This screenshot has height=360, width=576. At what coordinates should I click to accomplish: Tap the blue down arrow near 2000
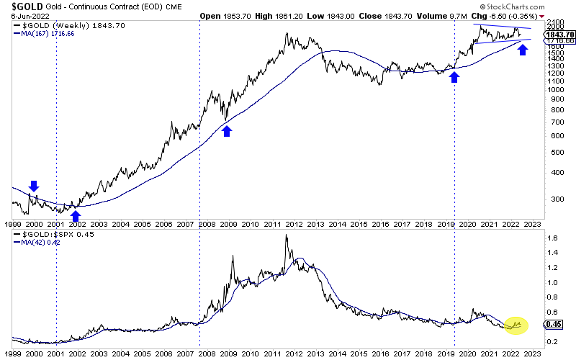(x=33, y=186)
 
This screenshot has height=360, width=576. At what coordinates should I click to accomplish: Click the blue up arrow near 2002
(x=75, y=215)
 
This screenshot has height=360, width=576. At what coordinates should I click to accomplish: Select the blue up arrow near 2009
(x=227, y=130)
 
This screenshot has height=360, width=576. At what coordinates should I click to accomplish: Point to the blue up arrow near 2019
(x=454, y=76)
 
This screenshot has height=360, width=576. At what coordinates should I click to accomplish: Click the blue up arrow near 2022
(x=523, y=50)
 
